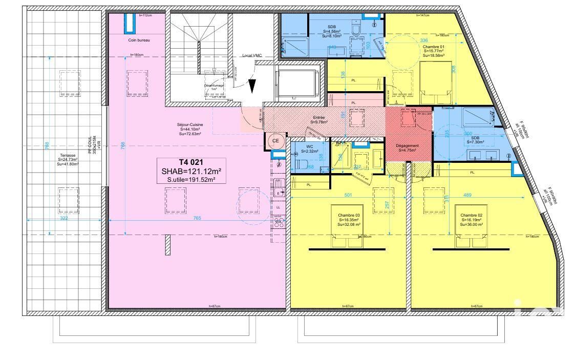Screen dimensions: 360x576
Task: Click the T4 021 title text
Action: [186, 162]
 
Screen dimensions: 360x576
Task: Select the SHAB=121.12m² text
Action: [186, 171]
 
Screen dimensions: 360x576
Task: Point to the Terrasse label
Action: [68, 155]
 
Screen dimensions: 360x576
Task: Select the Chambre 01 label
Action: [434, 46]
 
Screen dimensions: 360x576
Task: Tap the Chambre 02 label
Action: [471, 215]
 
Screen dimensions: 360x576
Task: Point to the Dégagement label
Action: [407, 146]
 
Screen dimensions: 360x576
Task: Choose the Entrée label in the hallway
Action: [319, 117]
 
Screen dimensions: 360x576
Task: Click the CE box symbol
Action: [275, 141]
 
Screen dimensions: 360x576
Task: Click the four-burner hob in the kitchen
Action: [279, 221]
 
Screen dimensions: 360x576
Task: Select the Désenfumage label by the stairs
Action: [215, 86]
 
